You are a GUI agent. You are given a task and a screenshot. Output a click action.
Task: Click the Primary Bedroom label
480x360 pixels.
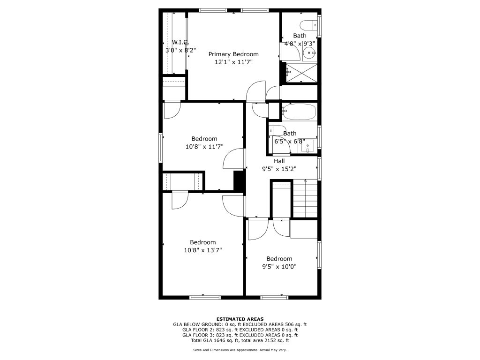(233, 54)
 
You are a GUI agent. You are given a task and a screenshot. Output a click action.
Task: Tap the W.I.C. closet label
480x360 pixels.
(180, 42)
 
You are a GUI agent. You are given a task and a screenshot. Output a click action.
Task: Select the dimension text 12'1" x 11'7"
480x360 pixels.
(233, 62)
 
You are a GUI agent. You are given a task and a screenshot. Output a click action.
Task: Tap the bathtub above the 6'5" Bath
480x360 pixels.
(299, 112)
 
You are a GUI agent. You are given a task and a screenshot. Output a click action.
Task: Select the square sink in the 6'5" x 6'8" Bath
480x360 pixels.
(307, 146)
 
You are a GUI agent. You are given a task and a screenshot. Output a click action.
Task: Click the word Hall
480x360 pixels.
(279, 161)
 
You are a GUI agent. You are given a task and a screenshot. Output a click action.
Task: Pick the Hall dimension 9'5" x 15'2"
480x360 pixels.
(279, 169)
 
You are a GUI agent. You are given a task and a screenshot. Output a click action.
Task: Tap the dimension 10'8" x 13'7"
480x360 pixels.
(202, 250)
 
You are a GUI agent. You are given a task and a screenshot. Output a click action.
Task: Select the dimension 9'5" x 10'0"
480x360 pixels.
(279, 267)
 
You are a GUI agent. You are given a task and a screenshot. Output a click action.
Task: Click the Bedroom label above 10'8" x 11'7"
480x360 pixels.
(204, 139)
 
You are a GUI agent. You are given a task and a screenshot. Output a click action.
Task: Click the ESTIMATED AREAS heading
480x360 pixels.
(240, 319)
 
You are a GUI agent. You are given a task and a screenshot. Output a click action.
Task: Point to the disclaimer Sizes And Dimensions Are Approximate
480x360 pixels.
(240, 350)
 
